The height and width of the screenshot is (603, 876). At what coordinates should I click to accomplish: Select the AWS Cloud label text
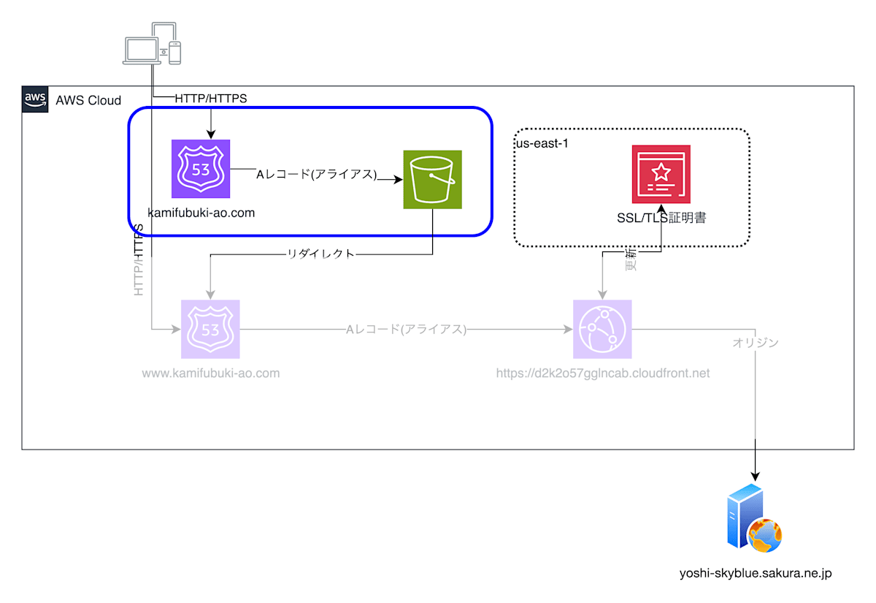click(88, 100)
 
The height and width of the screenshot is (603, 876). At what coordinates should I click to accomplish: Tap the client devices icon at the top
click(152, 44)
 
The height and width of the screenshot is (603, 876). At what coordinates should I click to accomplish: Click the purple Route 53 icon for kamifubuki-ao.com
click(201, 169)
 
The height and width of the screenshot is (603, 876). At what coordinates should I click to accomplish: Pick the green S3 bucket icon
click(433, 180)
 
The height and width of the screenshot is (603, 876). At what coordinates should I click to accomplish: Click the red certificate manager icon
click(661, 174)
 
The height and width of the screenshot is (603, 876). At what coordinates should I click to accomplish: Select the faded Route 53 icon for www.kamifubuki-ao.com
click(210, 330)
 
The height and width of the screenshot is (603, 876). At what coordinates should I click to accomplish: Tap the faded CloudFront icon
click(602, 330)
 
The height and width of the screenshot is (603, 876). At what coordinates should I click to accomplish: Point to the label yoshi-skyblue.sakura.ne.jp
click(755, 574)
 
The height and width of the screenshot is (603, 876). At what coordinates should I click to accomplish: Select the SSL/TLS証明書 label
click(661, 217)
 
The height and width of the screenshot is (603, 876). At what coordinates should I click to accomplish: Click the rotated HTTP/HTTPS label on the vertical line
click(139, 259)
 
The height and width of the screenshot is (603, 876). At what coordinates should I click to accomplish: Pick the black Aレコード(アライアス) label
click(316, 174)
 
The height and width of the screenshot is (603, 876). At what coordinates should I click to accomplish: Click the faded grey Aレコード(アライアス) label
click(406, 330)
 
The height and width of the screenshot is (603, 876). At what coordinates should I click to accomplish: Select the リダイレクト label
click(321, 254)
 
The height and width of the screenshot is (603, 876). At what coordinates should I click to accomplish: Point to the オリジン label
click(755, 342)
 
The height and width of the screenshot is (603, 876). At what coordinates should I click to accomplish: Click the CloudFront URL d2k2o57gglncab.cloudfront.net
click(602, 373)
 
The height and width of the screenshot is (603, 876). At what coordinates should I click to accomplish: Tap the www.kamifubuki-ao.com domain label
click(211, 373)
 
